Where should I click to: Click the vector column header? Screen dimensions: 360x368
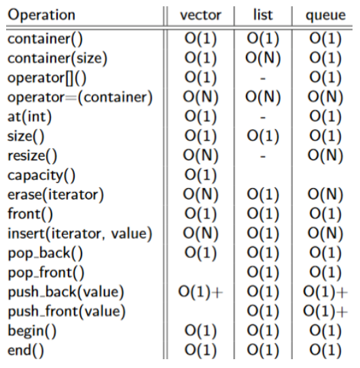200,15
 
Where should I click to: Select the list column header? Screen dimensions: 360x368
263,15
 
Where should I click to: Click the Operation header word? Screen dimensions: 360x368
41,16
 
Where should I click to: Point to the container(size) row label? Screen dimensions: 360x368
57,58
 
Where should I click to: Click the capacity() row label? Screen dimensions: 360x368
41,176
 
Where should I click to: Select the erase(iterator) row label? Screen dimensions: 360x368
56,195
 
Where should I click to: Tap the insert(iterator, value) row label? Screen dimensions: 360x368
80,234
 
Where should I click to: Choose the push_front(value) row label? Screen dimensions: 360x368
67,312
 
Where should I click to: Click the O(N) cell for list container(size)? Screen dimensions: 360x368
263,58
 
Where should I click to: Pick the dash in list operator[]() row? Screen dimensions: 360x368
263,78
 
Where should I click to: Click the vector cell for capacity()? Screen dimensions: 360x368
200,175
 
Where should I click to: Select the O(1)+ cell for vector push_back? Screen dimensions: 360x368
200,292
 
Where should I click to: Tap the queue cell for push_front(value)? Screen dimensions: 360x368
325,312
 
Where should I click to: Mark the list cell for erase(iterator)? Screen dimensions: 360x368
263,195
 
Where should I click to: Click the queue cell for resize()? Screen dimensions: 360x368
325,156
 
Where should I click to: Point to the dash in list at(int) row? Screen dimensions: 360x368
263,117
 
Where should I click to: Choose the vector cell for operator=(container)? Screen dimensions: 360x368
200,97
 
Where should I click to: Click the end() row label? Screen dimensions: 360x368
26,350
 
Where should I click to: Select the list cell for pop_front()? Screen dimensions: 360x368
263,272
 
